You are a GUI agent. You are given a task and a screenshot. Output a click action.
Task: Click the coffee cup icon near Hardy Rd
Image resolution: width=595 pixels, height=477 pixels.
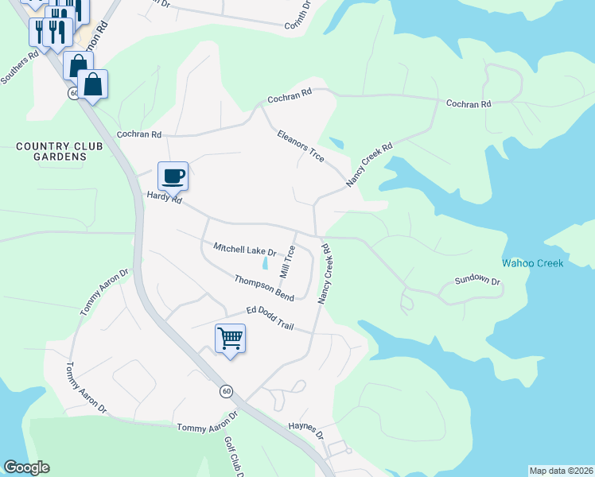pos(173,176)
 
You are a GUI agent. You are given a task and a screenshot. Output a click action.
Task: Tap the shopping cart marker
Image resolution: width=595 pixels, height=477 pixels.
pos(230,339)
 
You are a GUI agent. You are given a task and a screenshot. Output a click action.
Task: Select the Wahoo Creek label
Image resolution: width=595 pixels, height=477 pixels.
pos(532,263)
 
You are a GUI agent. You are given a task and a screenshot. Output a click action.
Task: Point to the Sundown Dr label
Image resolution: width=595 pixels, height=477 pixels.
pos(477,281)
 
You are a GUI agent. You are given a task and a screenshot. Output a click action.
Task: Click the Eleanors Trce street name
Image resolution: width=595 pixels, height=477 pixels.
pos(300,146)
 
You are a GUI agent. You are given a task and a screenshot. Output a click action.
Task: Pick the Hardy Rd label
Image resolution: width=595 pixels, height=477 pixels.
pos(164,197)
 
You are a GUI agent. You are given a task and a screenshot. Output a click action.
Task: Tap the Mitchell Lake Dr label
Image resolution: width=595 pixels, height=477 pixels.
pos(244,250)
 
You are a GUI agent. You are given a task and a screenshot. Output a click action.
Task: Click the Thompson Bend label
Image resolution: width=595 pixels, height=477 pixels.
pos(264,288)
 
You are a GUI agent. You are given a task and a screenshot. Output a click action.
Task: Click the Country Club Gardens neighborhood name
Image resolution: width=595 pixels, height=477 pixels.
pos(50,151)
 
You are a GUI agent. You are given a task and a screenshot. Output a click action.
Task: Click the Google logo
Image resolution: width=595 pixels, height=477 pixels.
pos(26,467)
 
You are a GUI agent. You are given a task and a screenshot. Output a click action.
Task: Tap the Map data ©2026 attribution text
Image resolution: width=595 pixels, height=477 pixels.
pos(560,471)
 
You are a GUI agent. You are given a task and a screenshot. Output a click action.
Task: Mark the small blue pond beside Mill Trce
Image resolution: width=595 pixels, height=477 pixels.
pos(265,263)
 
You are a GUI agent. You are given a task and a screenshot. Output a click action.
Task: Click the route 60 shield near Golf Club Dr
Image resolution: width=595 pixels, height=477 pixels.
pos(227,391)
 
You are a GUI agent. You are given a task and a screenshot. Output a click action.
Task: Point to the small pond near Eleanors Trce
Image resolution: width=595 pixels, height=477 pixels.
pos(335,144)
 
